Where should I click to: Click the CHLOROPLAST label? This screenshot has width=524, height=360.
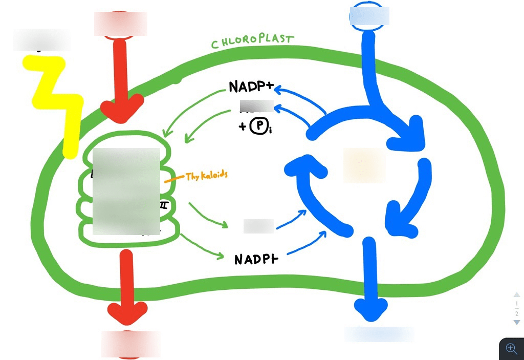pos(253,41)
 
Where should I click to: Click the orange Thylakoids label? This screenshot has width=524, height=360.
pos(206,176)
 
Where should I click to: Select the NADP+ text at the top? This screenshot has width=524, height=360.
pos(251,87)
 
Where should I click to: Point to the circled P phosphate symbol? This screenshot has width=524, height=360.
pos(257,126)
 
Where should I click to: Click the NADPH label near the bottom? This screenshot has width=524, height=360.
pos(256,259)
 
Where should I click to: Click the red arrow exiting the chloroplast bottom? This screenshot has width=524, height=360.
pos(126,287)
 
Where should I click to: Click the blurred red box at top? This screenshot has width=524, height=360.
pos(120,24)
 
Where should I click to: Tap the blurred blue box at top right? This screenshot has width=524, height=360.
pos(369,16)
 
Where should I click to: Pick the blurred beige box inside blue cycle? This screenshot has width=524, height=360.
pos(364,165)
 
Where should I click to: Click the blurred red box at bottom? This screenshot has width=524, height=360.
pos(130,344)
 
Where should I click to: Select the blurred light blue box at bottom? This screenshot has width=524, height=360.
pos(379,334)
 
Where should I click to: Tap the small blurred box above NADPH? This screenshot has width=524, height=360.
pos(258,226)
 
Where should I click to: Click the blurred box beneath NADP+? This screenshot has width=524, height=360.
pos(256,106)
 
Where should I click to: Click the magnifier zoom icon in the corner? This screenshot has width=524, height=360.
pos(511,349)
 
